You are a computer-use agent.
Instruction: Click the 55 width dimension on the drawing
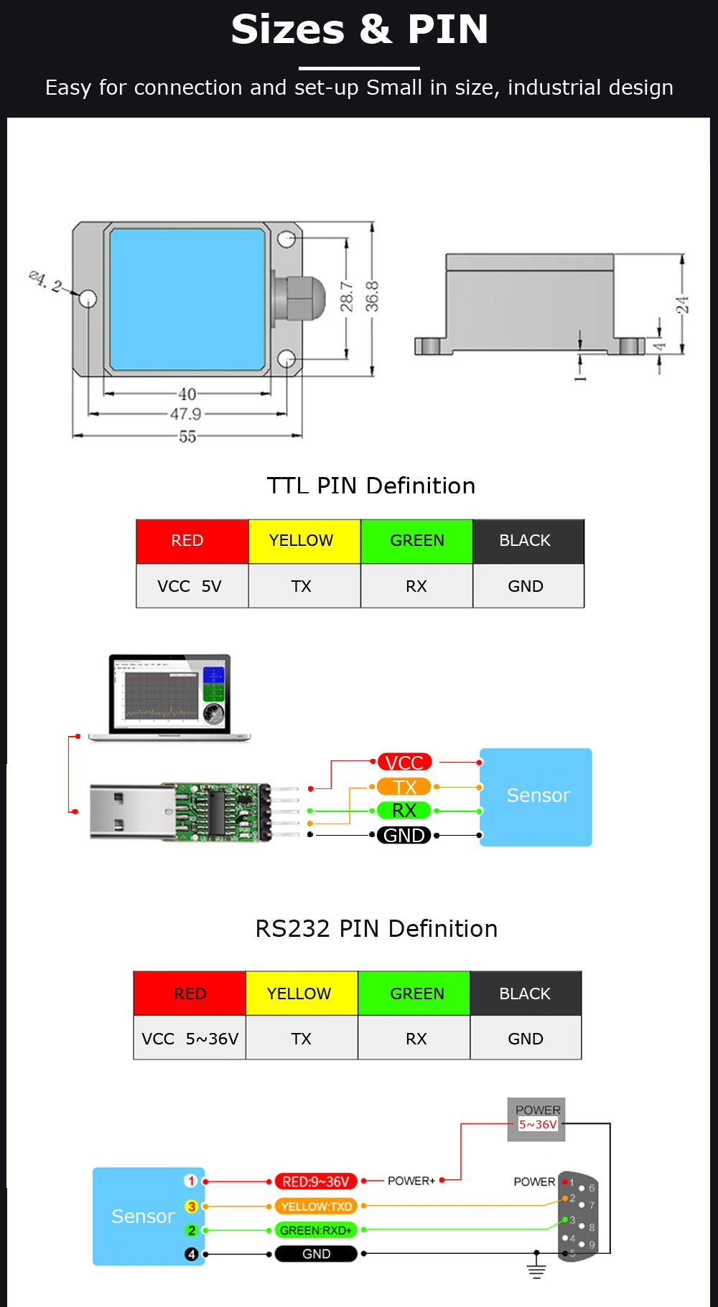(187, 436)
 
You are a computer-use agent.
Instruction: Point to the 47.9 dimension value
(185, 414)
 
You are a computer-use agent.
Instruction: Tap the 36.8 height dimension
(372, 296)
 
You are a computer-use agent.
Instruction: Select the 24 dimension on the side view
(682, 305)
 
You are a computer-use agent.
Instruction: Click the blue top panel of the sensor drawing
(187, 298)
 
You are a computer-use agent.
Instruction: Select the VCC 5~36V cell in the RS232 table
(190, 1038)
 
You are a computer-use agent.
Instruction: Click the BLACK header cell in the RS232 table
(526, 994)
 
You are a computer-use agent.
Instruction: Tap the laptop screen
(169, 693)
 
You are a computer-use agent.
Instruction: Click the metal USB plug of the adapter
(133, 812)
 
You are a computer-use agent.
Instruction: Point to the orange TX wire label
(404, 787)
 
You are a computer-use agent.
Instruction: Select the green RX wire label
(404, 811)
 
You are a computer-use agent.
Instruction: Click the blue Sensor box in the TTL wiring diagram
(536, 797)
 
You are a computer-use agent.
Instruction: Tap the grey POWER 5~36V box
(536, 1119)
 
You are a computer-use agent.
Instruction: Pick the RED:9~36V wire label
(316, 1181)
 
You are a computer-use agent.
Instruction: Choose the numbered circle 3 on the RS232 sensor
(191, 1207)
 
